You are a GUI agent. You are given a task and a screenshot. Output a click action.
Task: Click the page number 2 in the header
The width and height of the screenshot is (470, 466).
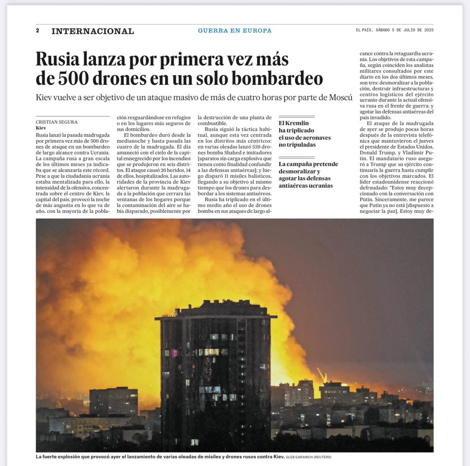point(38,31)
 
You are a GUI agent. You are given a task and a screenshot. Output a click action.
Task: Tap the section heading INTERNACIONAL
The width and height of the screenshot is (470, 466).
point(92,31)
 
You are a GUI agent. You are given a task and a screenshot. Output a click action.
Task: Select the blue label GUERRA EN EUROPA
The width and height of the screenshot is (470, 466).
point(235,31)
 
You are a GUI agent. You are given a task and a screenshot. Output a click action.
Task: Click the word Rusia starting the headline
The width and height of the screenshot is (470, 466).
point(57,59)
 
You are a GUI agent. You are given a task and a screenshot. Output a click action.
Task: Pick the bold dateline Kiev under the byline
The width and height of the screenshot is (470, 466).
point(41,128)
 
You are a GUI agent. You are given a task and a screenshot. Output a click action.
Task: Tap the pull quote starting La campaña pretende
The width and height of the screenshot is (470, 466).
point(308,175)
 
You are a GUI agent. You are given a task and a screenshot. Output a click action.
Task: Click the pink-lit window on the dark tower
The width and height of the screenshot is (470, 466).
point(174,353)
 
